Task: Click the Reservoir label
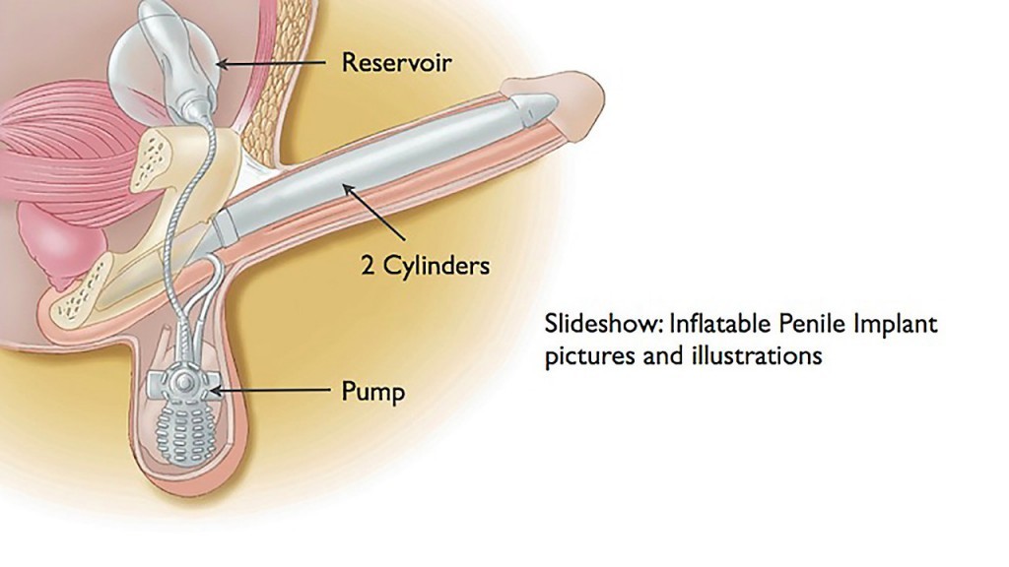(396, 63)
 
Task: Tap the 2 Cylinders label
(425, 266)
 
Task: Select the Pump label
(372, 392)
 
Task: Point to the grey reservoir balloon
(177, 49)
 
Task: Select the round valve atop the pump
(180, 380)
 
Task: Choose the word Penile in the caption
(802, 324)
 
